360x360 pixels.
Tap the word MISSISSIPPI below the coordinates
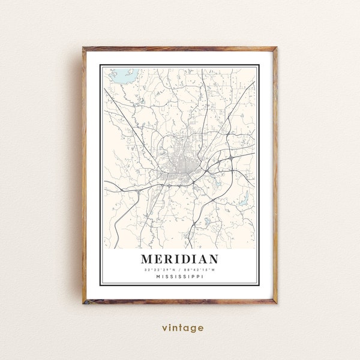pyautogui.click(x=180, y=277)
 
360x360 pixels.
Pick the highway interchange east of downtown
pyautogui.click(x=230, y=157)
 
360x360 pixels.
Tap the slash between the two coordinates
pyautogui.click(x=180, y=269)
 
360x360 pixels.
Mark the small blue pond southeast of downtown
pyautogui.click(x=208, y=221)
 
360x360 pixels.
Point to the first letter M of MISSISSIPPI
pyautogui.click(x=157, y=277)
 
